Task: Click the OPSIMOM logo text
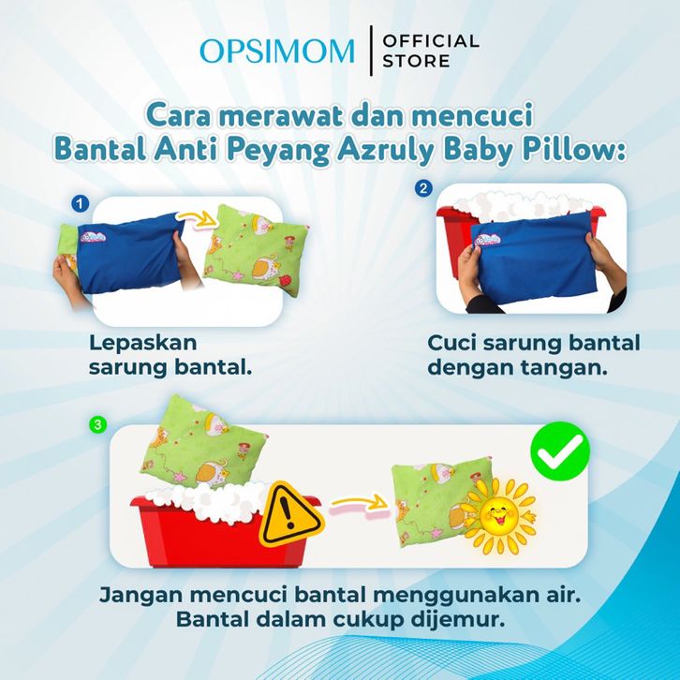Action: point(276,51)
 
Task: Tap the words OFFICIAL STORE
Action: point(431,52)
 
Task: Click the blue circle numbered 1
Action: point(81,203)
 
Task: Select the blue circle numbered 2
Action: point(423,188)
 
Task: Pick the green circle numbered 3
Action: point(97,424)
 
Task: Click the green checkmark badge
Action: point(560,451)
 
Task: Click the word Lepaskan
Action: point(143,344)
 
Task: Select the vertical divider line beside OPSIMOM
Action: point(371,51)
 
